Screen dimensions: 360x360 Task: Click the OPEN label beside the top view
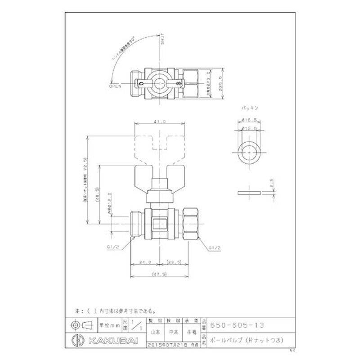tap(116, 85)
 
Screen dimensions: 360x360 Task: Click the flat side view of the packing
tap(249, 192)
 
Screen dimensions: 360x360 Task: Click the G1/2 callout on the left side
tap(113, 247)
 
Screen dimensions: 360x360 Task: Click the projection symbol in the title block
tap(80, 325)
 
